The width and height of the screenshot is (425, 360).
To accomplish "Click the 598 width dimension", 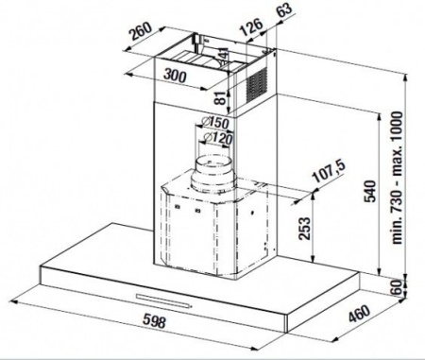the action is (154, 321).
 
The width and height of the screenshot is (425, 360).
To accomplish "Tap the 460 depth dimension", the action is (360, 313).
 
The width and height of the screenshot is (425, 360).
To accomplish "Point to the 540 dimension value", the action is (369, 191).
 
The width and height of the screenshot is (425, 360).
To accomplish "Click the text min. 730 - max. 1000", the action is (397, 178).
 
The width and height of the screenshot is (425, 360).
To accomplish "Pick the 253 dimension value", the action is (304, 229).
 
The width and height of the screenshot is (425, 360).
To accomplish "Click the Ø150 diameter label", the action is (215, 122).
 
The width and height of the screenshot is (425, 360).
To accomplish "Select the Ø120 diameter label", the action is (218, 138).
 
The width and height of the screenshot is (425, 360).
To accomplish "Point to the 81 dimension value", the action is (220, 97).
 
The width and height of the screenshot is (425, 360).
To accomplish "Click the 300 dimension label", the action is (175, 76).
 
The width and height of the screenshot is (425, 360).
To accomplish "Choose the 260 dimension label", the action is (142, 31).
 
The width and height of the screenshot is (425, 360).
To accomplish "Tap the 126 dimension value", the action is (251, 26).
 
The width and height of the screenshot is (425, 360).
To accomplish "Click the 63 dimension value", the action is (284, 9).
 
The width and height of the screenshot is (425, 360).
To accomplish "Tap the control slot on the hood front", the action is (163, 300).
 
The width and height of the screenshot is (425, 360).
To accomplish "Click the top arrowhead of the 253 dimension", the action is (313, 196).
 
